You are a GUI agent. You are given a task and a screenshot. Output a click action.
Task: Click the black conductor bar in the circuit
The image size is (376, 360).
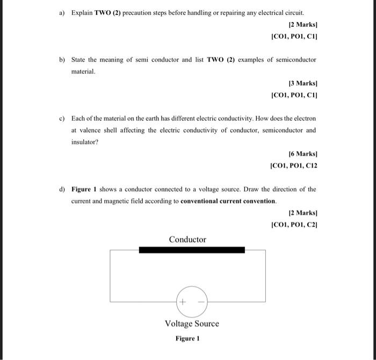click(192, 250)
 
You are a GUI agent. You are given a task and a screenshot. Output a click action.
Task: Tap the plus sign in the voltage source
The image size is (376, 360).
click(183, 302)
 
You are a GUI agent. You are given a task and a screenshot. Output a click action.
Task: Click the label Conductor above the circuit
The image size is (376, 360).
click(187, 240)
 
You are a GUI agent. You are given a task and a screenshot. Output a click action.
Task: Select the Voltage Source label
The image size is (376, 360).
click(192, 323)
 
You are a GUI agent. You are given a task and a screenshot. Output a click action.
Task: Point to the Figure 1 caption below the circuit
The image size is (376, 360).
click(187, 339)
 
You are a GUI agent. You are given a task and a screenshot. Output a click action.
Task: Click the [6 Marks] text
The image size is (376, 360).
click(303, 154)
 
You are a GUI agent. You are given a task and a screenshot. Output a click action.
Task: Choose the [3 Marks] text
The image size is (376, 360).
click(303, 84)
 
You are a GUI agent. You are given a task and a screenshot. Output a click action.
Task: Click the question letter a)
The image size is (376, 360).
click(62, 12)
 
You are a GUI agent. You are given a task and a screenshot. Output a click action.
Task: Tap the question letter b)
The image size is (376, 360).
click(62, 60)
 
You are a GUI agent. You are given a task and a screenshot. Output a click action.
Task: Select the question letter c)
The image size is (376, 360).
click(62, 118)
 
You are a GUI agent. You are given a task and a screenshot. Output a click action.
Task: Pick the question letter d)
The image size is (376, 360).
click(62, 189)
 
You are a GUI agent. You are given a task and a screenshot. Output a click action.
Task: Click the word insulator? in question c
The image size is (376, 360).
click(85, 142)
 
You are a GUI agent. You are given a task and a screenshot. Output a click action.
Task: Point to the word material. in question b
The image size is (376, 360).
click(83, 71)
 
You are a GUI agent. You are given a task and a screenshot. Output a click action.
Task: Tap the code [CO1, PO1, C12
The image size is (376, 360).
click(295, 165)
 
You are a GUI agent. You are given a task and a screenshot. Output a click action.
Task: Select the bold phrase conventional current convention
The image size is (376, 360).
click(228, 201)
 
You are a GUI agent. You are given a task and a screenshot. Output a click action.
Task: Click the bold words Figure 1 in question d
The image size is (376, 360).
click(85, 189)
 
